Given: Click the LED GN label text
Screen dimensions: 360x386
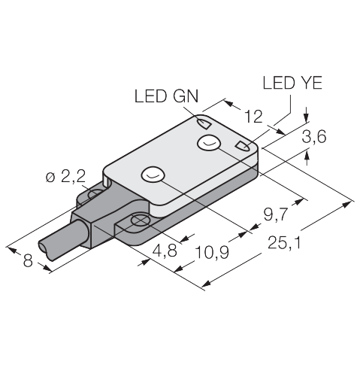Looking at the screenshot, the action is point(167,96).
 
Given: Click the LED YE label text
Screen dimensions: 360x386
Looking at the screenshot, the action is point(292,83).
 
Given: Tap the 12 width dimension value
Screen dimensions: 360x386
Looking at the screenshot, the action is point(253,117).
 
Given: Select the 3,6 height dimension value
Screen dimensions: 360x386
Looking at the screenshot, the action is point(314,137).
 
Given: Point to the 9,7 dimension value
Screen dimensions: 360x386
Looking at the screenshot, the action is point(275,214).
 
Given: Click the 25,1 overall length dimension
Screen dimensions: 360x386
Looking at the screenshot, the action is point(284,243).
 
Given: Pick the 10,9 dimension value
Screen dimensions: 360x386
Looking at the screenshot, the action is point(212,252).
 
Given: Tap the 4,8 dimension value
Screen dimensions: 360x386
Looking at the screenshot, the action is point(165,251).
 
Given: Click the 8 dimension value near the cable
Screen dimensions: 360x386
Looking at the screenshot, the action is point(28,260).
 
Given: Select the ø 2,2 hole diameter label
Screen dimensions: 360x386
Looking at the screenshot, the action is point(65,178).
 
